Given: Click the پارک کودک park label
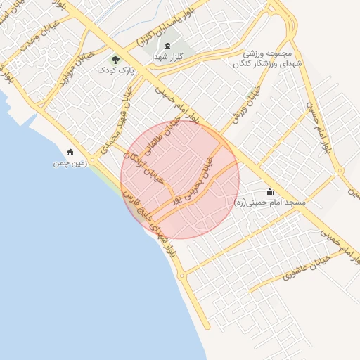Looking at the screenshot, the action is coord(116,71).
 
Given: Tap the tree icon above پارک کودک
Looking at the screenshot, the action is coord(116,60).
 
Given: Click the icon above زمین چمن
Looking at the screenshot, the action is coord(69,152).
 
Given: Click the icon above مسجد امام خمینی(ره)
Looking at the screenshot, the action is coord(270,191).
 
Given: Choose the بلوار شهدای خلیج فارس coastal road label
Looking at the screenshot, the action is coord(148,221).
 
